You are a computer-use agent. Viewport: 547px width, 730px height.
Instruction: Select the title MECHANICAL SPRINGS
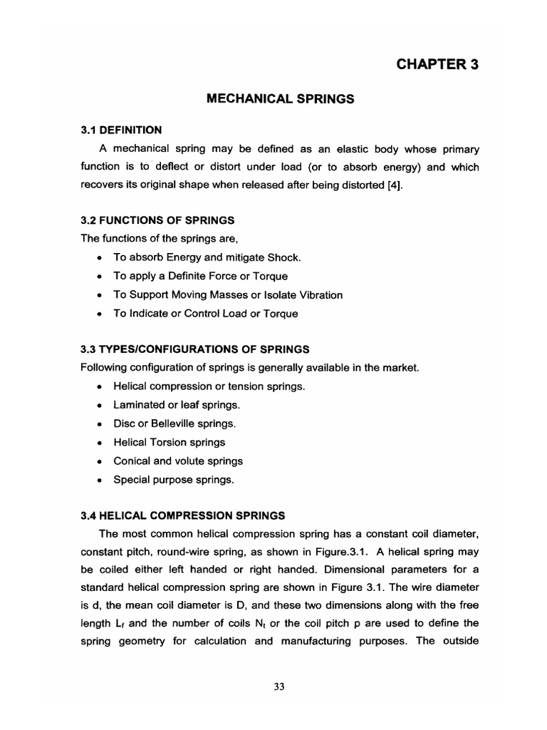pos(279,99)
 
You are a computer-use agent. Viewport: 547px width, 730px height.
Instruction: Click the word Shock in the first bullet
pos(275,257)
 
